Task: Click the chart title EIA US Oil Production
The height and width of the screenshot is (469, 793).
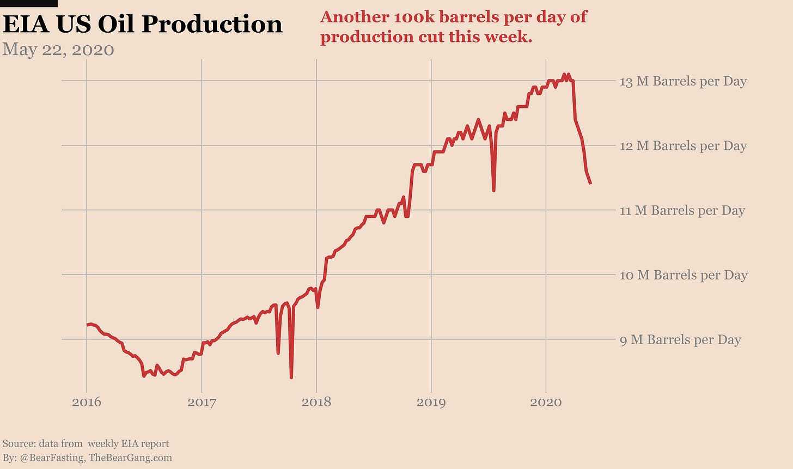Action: point(142,25)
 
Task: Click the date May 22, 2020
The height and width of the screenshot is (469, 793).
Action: point(58,50)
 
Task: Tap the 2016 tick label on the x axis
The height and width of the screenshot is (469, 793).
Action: point(87,403)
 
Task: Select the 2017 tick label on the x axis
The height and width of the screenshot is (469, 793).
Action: point(202,403)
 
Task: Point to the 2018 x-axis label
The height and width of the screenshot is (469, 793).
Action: point(316,403)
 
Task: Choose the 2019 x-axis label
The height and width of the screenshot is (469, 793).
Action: point(431,403)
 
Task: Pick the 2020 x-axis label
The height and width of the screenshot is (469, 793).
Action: point(546,403)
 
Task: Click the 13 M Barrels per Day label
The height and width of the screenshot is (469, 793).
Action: point(683,81)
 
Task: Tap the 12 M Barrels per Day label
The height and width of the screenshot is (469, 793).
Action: point(683,146)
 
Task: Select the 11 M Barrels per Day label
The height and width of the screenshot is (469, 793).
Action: point(682,210)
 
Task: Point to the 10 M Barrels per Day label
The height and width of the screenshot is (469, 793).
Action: point(684,275)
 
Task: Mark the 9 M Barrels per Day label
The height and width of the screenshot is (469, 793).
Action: point(680,340)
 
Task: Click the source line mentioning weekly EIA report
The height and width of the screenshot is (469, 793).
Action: point(86,443)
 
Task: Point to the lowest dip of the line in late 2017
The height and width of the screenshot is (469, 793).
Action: point(291,377)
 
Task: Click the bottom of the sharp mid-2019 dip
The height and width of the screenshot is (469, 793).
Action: point(493,190)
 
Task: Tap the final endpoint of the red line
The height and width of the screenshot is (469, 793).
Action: point(590,184)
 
